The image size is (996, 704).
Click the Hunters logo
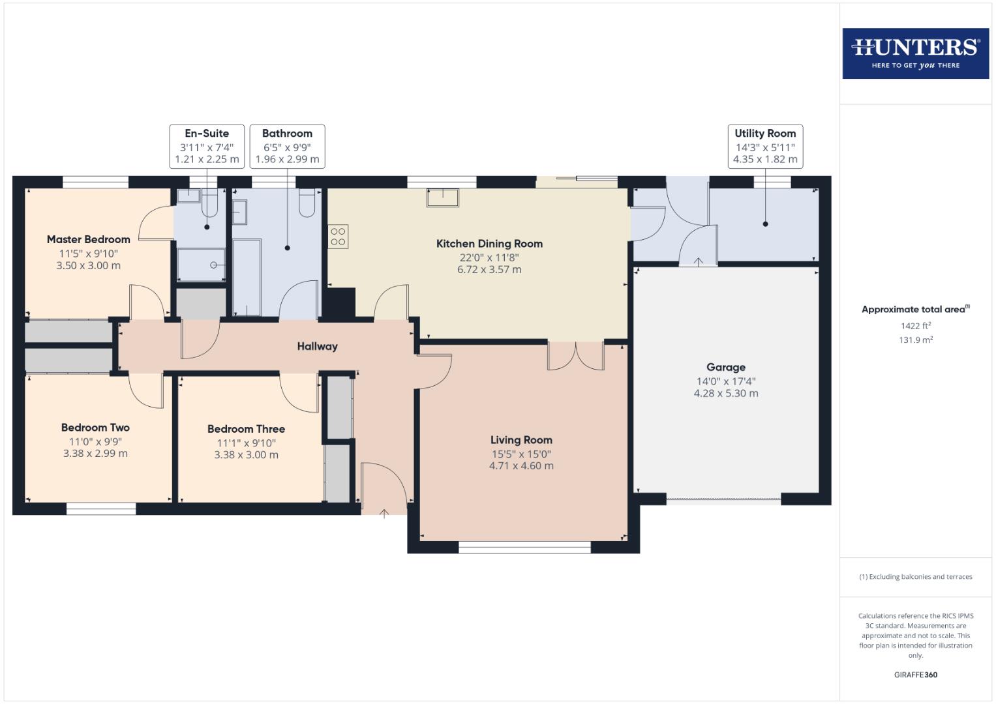point(915,53)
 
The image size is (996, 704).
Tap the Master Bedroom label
point(88,239)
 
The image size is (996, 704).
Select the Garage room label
point(725,367)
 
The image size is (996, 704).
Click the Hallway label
point(317,346)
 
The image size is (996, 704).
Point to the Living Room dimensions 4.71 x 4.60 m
point(521,466)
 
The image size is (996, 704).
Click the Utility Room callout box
point(765,146)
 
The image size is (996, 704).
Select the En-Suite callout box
point(207,146)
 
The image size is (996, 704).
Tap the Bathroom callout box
point(287,146)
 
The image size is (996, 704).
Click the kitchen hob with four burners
point(338,237)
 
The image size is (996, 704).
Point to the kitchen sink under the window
point(443,197)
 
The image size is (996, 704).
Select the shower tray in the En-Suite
point(202,265)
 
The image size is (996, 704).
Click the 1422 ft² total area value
point(915,326)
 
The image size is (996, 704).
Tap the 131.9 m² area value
point(915,340)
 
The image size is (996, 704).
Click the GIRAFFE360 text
point(915,675)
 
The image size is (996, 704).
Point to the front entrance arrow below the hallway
point(384,514)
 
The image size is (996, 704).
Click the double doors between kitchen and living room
point(576,356)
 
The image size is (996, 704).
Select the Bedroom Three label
point(246,429)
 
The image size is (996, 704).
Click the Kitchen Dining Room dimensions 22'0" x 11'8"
point(489,257)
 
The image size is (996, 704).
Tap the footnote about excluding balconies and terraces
point(915,577)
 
